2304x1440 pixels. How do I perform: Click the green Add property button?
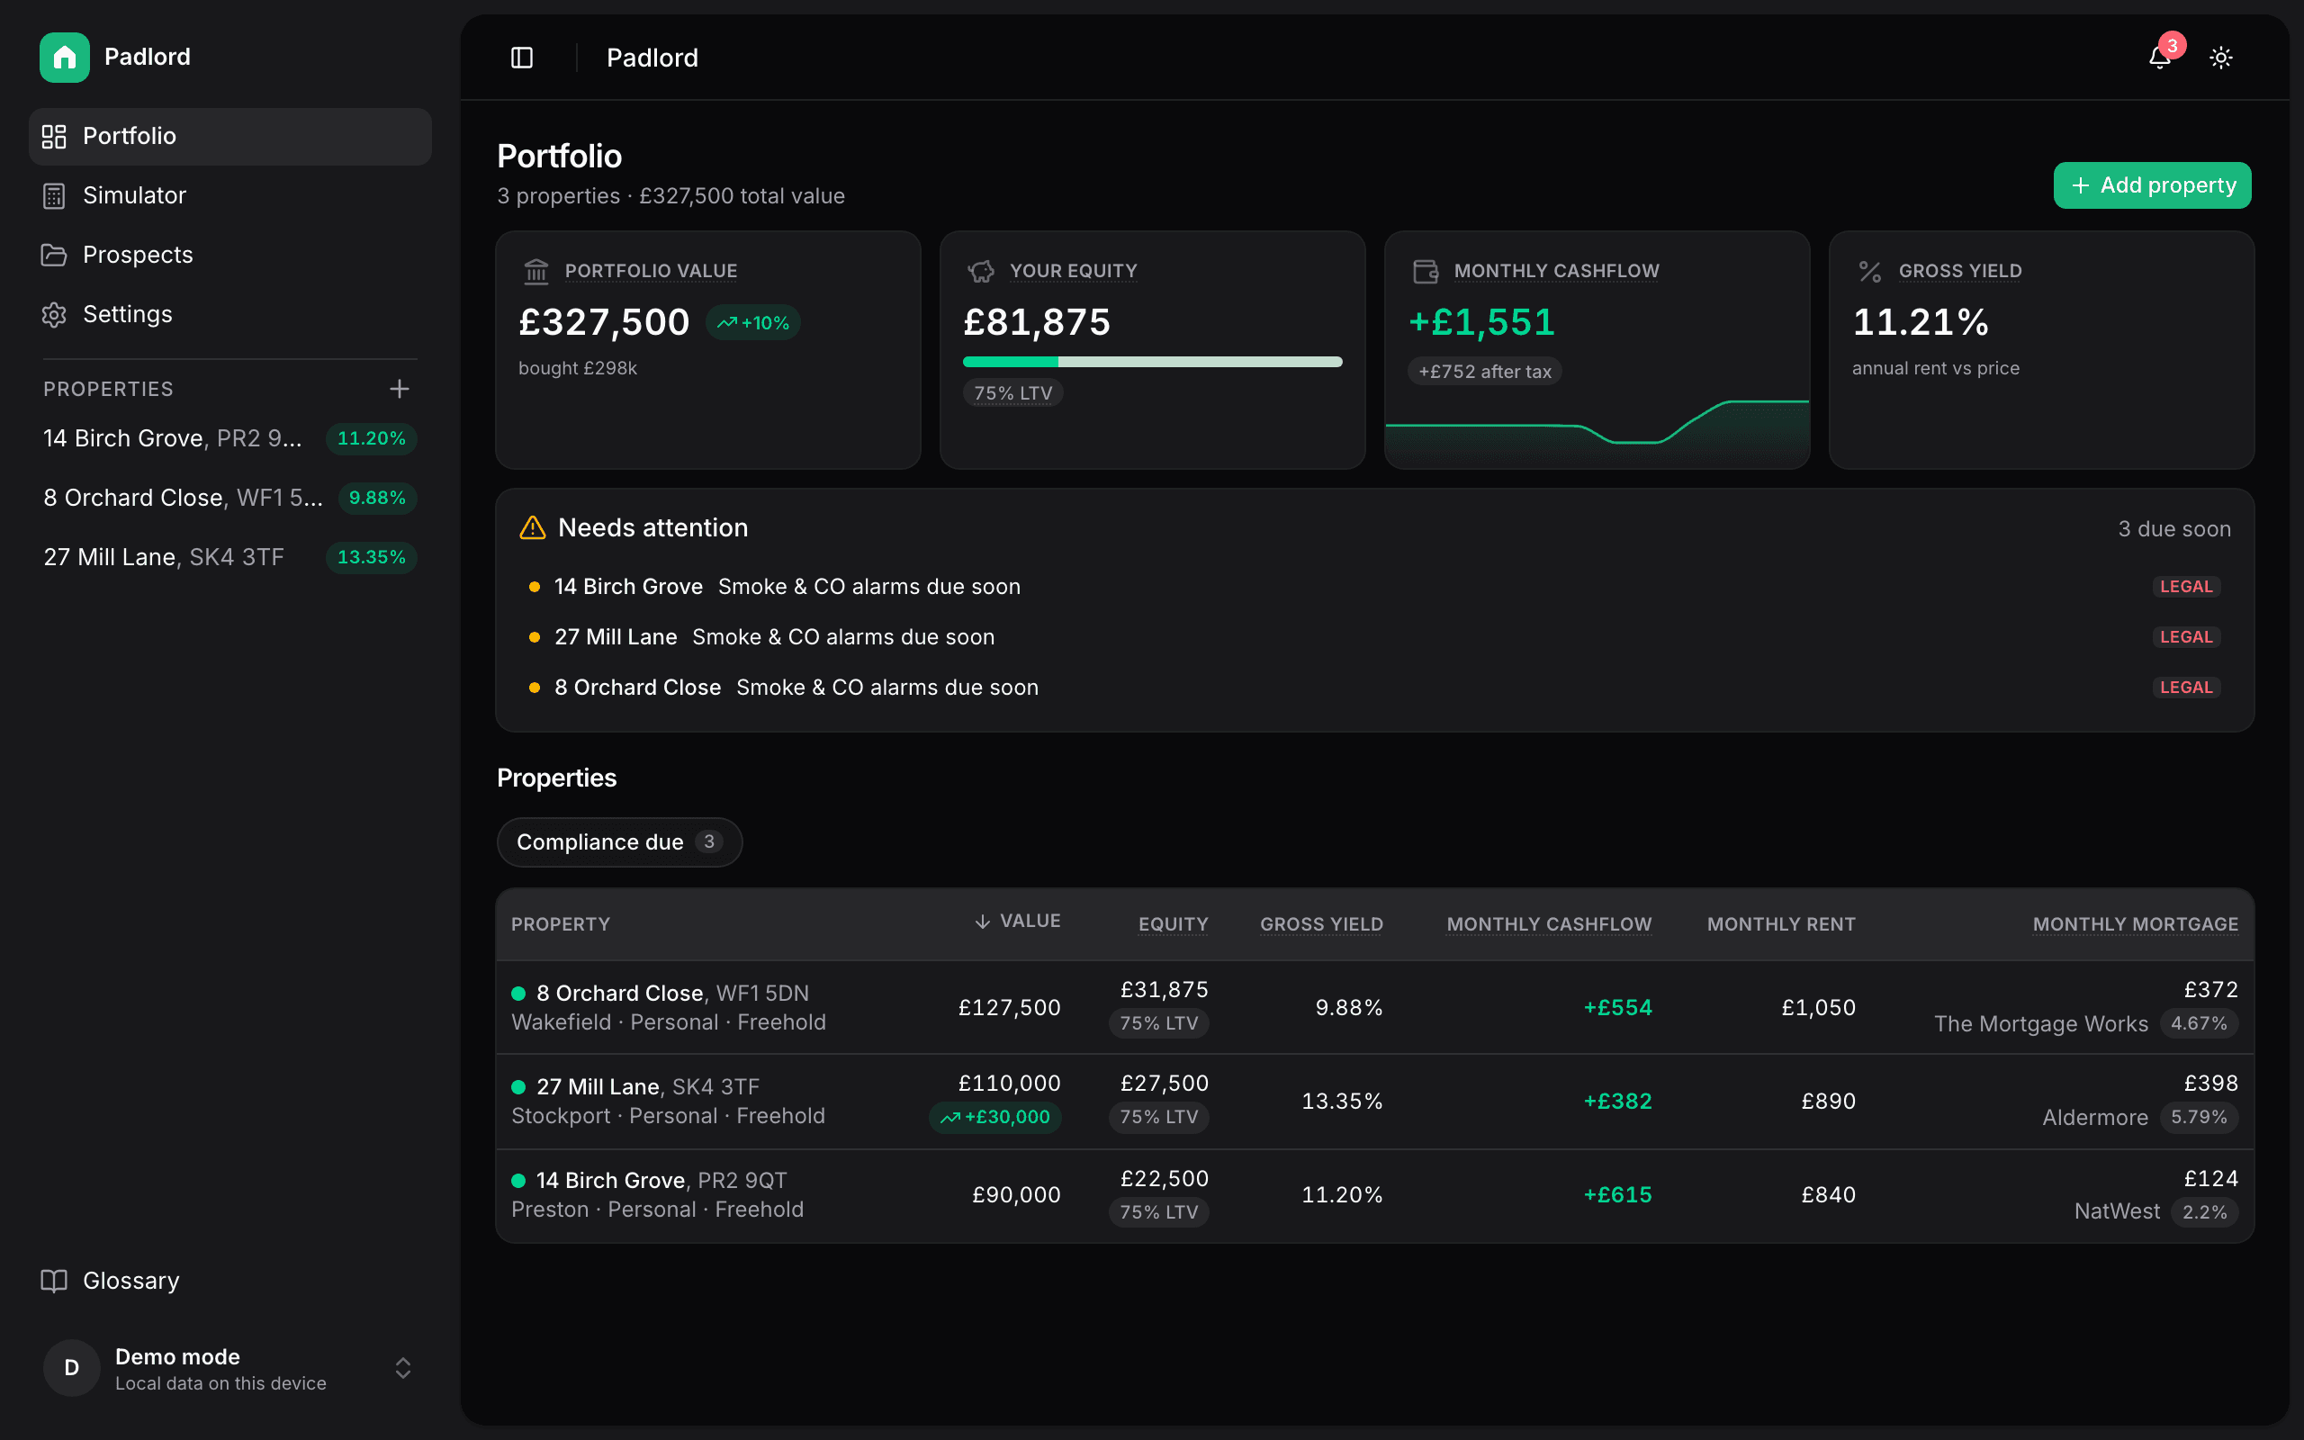point(2152,184)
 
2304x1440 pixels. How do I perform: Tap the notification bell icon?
point(2159,58)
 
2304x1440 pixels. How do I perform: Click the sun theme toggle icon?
point(2221,58)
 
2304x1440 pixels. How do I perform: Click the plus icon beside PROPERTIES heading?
point(400,389)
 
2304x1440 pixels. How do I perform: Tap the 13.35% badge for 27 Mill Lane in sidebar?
point(372,557)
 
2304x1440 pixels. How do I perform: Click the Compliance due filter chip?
point(620,841)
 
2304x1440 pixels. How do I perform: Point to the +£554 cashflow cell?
point(1617,1008)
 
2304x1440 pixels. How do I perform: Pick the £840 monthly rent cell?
point(1828,1195)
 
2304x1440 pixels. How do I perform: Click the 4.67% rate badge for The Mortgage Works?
point(2200,1024)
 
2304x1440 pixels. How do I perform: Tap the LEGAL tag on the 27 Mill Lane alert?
point(2187,637)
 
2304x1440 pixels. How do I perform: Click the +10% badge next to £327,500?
point(753,323)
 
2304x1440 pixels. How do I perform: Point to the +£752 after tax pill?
point(1485,372)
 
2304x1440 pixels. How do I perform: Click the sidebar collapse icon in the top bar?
point(522,58)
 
